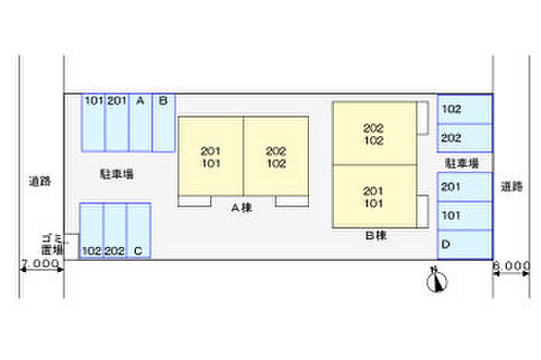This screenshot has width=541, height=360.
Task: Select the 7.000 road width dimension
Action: pos(40,264)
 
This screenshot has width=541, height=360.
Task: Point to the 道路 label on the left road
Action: pos(39,182)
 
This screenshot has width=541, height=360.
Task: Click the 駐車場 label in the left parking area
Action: pos(117,174)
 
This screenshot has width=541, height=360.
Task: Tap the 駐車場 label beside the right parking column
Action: pos(461,164)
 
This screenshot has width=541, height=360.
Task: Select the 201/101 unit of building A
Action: pos(211,157)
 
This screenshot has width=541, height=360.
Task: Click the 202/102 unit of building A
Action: pos(276,157)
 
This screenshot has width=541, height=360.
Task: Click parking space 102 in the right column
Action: pos(464,110)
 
